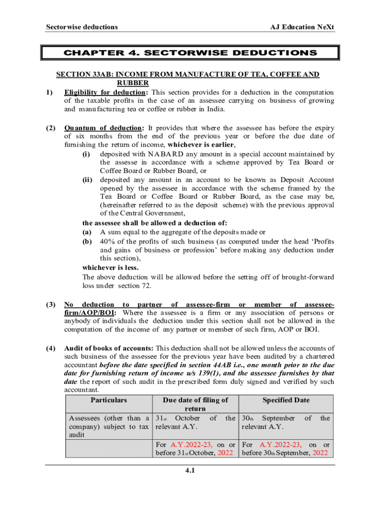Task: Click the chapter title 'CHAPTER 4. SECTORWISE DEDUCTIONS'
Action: [x=190, y=52]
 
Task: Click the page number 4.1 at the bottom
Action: [x=190, y=470]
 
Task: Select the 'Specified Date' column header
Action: [x=286, y=400]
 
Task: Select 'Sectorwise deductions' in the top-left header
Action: [x=81, y=27]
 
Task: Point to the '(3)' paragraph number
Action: [x=50, y=304]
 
